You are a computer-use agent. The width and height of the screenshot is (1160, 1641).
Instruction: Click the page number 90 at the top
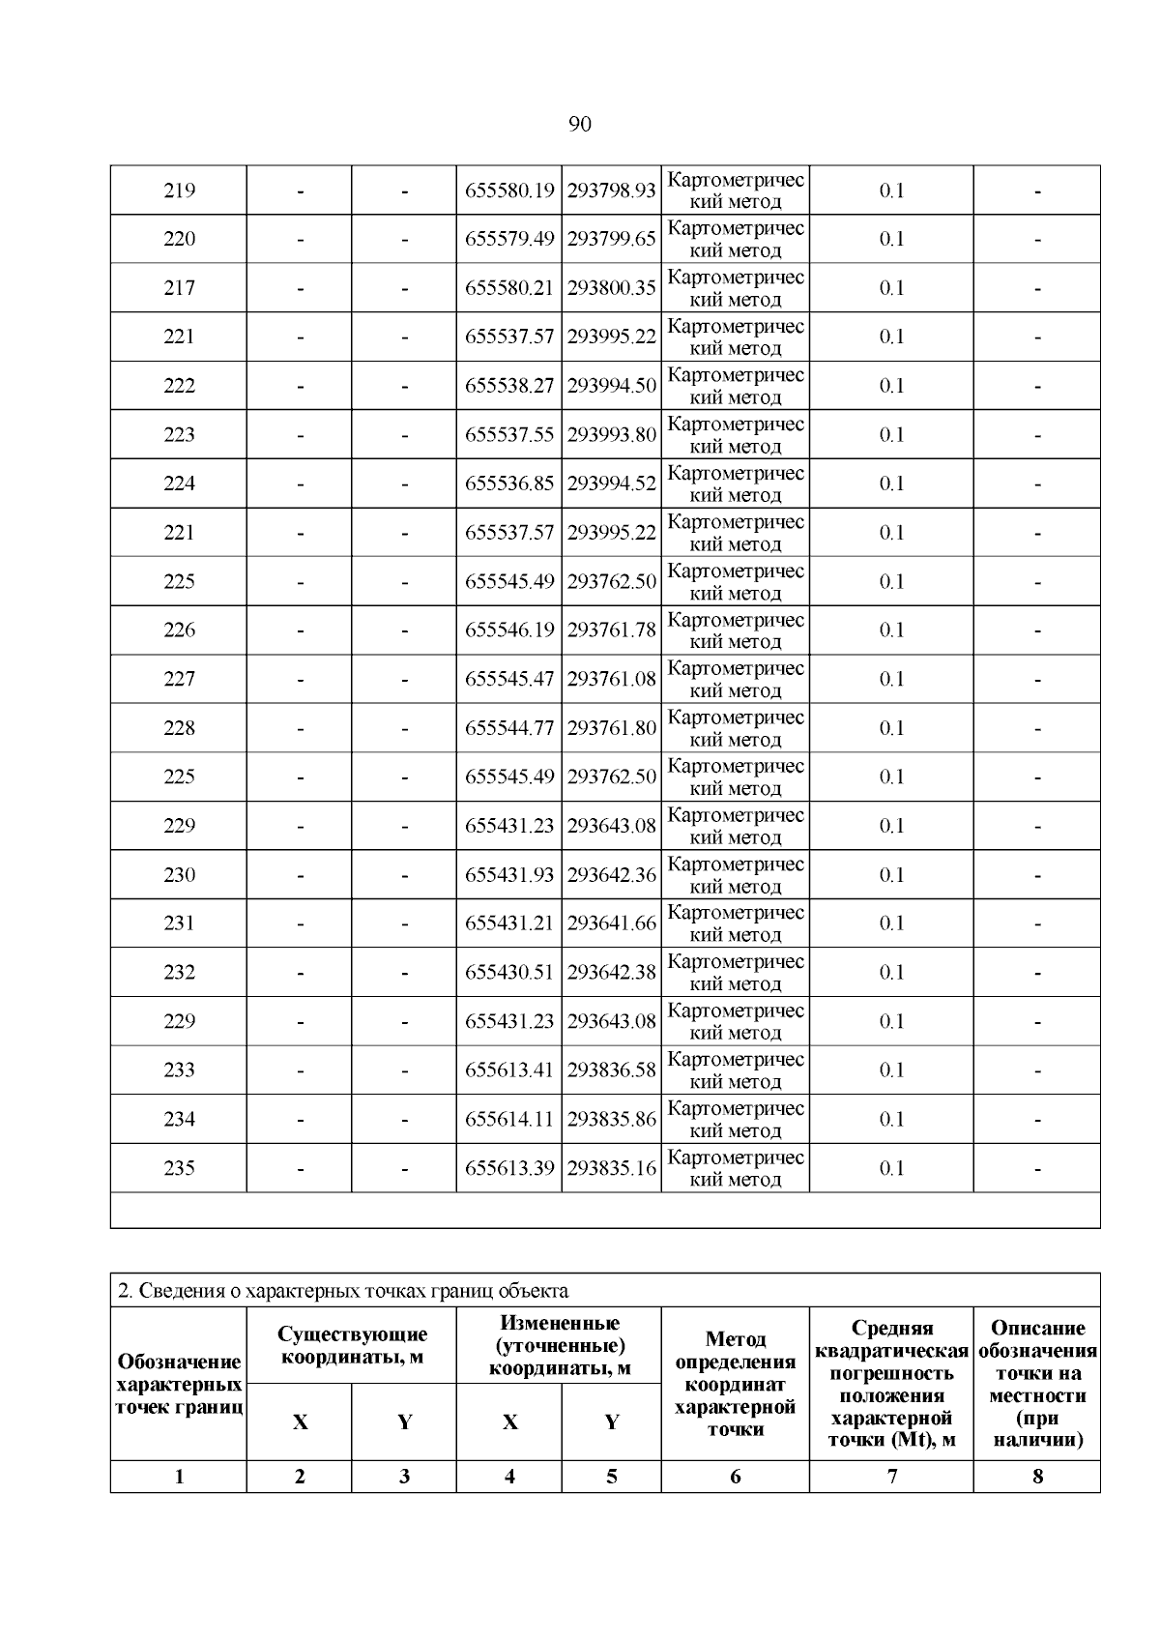point(580,124)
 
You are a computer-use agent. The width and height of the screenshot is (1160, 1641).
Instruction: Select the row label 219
point(179,190)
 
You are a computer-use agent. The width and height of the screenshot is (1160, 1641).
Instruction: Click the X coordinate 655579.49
point(509,239)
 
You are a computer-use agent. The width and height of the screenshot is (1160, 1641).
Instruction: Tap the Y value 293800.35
point(611,288)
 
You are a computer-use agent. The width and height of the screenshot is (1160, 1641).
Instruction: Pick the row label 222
point(179,386)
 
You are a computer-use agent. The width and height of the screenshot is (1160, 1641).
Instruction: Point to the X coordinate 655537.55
point(509,434)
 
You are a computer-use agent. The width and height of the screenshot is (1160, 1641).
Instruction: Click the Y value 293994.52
point(611,484)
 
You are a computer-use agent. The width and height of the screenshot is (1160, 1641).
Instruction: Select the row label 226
point(179,630)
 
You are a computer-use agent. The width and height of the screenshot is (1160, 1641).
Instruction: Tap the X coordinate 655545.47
point(509,679)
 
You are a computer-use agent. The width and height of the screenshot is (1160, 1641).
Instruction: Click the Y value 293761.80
point(611,728)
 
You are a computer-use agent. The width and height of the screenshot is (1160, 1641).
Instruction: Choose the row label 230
point(179,875)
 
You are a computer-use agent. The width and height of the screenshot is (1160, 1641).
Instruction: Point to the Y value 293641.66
point(611,923)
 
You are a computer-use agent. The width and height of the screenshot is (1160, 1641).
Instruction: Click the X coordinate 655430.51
point(509,973)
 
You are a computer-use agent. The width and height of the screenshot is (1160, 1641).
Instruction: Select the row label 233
point(179,1070)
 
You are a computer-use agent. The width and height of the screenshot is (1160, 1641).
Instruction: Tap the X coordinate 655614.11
point(509,1119)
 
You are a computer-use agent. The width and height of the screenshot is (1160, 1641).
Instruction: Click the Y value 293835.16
point(611,1168)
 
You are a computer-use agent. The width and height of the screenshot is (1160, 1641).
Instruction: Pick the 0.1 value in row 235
point(891,1168)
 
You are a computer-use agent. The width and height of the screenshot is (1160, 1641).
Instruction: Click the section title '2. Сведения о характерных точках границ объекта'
point(343,1290)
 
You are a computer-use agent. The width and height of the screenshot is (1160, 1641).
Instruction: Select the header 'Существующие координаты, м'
point(352,1345)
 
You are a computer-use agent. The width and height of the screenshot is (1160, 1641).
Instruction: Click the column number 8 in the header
point(1037,1477)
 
